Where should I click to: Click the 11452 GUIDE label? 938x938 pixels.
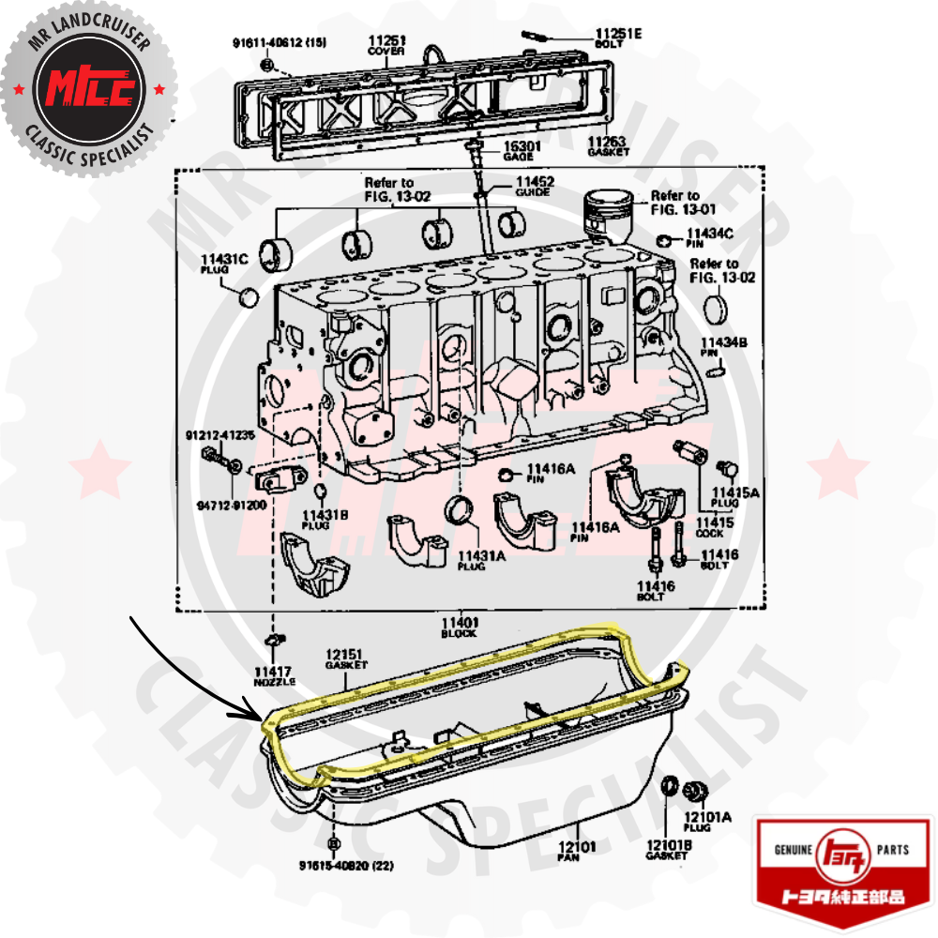pyautogui.click(x=533, y=185)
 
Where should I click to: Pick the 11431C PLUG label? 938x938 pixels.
pyautogui.click(x=222, y=264)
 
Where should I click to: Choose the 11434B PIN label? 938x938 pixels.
pyautogui.click(x=722, y=347)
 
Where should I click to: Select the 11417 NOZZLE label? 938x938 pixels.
pyautogui.click(x=273, y=675)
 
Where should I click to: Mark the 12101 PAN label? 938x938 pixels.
pyautogui.click(x=579, y=851)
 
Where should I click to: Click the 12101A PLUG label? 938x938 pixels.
pyautogui.click(x=706, y=823)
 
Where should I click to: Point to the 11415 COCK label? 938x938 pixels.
pyautogui.click(x=716, y=527)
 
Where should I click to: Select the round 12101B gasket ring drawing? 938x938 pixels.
pyautogui.click(x=671, y=786)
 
